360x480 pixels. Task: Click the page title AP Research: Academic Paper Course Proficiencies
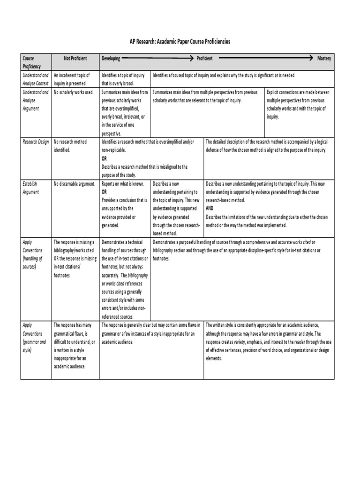point(180,42)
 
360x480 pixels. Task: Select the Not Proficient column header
point(75,59)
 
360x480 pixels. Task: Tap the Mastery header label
point(324,59)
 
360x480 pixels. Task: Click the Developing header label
point(111,59)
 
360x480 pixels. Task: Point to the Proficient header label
point(204,59)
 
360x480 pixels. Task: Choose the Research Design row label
point(36,142)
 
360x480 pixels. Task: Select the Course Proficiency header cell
point(32,62)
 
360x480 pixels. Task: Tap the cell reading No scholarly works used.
point(74,92)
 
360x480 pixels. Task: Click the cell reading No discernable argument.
point(75,184)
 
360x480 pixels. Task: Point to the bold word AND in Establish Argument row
point(210,209)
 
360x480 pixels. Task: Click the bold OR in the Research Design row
point(105,158)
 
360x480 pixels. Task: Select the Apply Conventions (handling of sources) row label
point(32,254)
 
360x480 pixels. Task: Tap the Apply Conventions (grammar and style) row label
point(34,337)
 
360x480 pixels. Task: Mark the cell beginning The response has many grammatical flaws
point(75,346)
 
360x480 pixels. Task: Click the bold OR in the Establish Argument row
point(105,192)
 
